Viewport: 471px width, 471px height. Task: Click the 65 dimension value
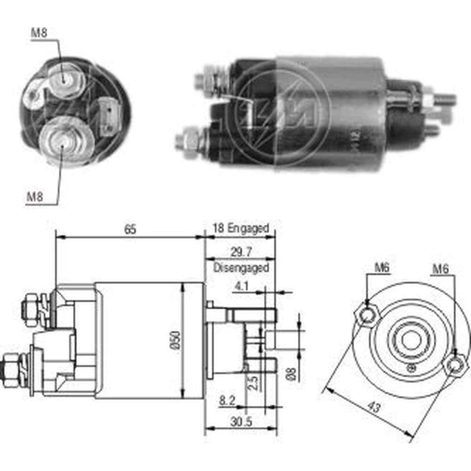[x=130, y=229]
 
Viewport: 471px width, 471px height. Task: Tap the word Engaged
[x=248, y=228]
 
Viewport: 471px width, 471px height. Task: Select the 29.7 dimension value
[x=241, y=252]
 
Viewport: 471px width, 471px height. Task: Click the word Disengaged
[x=241, y=268]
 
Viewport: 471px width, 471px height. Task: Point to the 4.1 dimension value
[x=242, y=286]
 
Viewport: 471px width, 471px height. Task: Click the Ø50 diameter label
[x=176, y=340]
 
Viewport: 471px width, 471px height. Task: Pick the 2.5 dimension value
[x=252, y=382]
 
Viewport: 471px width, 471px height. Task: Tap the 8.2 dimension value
[x=227, y=400]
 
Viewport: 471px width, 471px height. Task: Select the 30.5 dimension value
[x=241, y=422]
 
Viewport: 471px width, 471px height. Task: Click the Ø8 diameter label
[x=292, y=373]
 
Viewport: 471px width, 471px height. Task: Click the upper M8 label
[x=39, y=33]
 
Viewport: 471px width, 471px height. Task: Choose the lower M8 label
[x=35, y=197]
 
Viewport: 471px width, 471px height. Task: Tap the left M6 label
[x=382, y=268]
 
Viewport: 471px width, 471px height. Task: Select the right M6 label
[x=440, y=269]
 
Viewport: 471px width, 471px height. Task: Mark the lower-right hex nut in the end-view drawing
[x=455, y=365]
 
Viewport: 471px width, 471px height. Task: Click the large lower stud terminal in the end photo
[x=64, y=141]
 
